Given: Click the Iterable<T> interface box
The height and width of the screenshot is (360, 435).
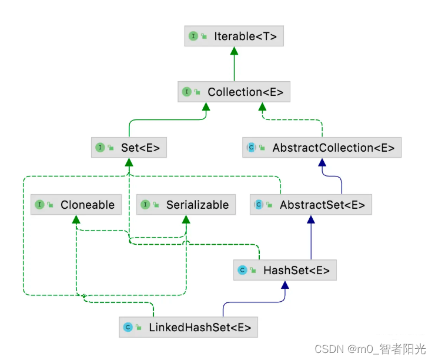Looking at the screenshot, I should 233,36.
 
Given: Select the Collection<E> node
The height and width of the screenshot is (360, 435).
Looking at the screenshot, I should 234,92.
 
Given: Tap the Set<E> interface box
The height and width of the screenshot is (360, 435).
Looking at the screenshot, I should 129,148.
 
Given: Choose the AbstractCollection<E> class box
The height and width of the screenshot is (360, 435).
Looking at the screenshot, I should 322,148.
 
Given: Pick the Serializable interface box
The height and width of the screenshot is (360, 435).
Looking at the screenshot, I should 186,205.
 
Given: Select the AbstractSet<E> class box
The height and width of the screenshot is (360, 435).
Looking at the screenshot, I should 311,205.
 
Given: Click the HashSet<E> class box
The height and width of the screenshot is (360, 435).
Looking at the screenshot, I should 285,271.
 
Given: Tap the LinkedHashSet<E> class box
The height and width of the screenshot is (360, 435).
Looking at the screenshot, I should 189,327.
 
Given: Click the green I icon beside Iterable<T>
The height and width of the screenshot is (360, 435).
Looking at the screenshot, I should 193,36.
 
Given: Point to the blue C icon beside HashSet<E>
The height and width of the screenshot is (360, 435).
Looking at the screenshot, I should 242,271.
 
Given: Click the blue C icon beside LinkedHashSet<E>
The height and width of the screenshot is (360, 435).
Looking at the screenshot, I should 128,327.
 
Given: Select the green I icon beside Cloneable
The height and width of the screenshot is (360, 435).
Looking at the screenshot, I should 39,205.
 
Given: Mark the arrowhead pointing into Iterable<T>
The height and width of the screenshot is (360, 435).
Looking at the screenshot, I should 234,51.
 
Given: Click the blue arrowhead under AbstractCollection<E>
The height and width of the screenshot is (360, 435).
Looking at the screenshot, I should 322,162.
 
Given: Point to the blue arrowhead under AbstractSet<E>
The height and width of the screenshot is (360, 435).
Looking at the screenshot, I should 311,219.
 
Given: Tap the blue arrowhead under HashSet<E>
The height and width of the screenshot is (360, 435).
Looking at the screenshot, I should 285,285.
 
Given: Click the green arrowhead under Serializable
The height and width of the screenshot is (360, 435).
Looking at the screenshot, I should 186,219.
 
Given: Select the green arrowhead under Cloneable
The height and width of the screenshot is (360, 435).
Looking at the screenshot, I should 76,219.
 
